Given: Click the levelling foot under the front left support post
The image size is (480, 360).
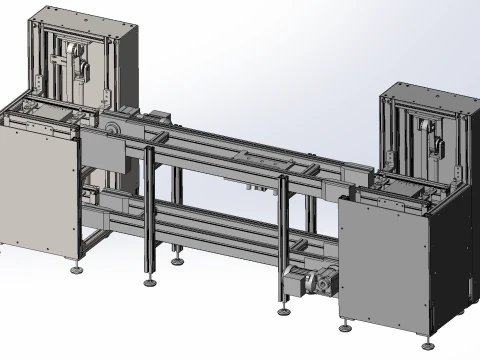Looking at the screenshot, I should [150, 281].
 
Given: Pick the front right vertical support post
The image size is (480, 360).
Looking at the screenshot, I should [283, 240].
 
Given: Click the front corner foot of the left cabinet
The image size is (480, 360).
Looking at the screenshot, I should [76, 269].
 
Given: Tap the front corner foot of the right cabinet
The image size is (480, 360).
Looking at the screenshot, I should [345, 326].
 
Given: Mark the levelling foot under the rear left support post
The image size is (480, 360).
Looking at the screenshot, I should [177, 260].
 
